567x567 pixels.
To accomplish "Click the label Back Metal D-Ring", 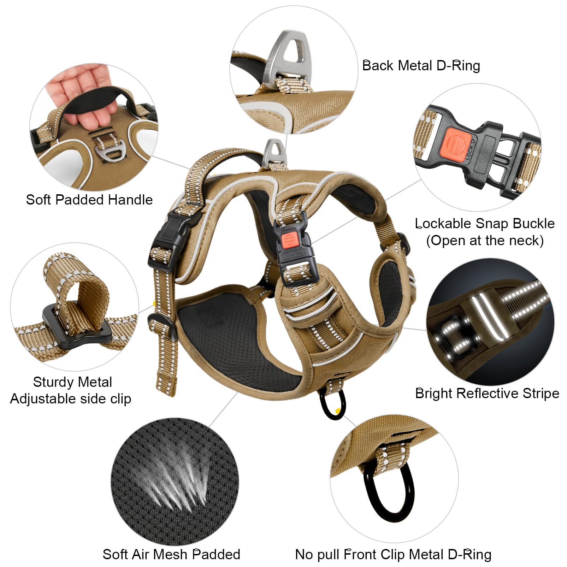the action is (x=421, y=66).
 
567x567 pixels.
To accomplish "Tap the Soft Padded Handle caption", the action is (x=89, y=200).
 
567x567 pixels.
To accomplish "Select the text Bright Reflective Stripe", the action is (x=487, y=393).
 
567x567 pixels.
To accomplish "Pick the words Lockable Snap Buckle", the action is (x=485, y=224).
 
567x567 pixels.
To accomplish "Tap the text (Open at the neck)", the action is (x=485, y=241).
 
